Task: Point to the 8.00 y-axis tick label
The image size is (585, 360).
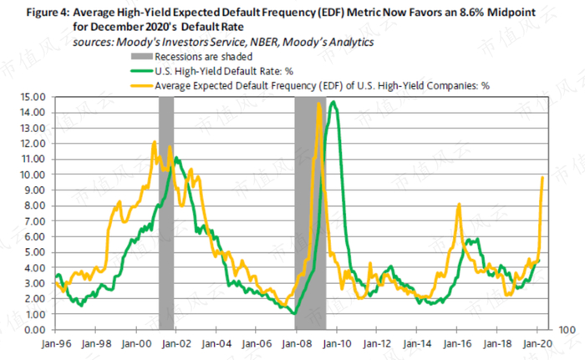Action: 33,205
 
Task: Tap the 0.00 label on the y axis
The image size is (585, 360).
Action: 33,330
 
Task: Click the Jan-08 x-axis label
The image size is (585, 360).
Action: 296,342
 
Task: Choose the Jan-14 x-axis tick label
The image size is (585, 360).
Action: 417,342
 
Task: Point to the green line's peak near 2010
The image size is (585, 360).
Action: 334,102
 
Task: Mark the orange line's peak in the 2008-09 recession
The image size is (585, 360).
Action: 319,104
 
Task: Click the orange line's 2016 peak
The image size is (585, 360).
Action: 459,205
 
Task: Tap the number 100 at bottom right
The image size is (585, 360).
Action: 567,331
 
